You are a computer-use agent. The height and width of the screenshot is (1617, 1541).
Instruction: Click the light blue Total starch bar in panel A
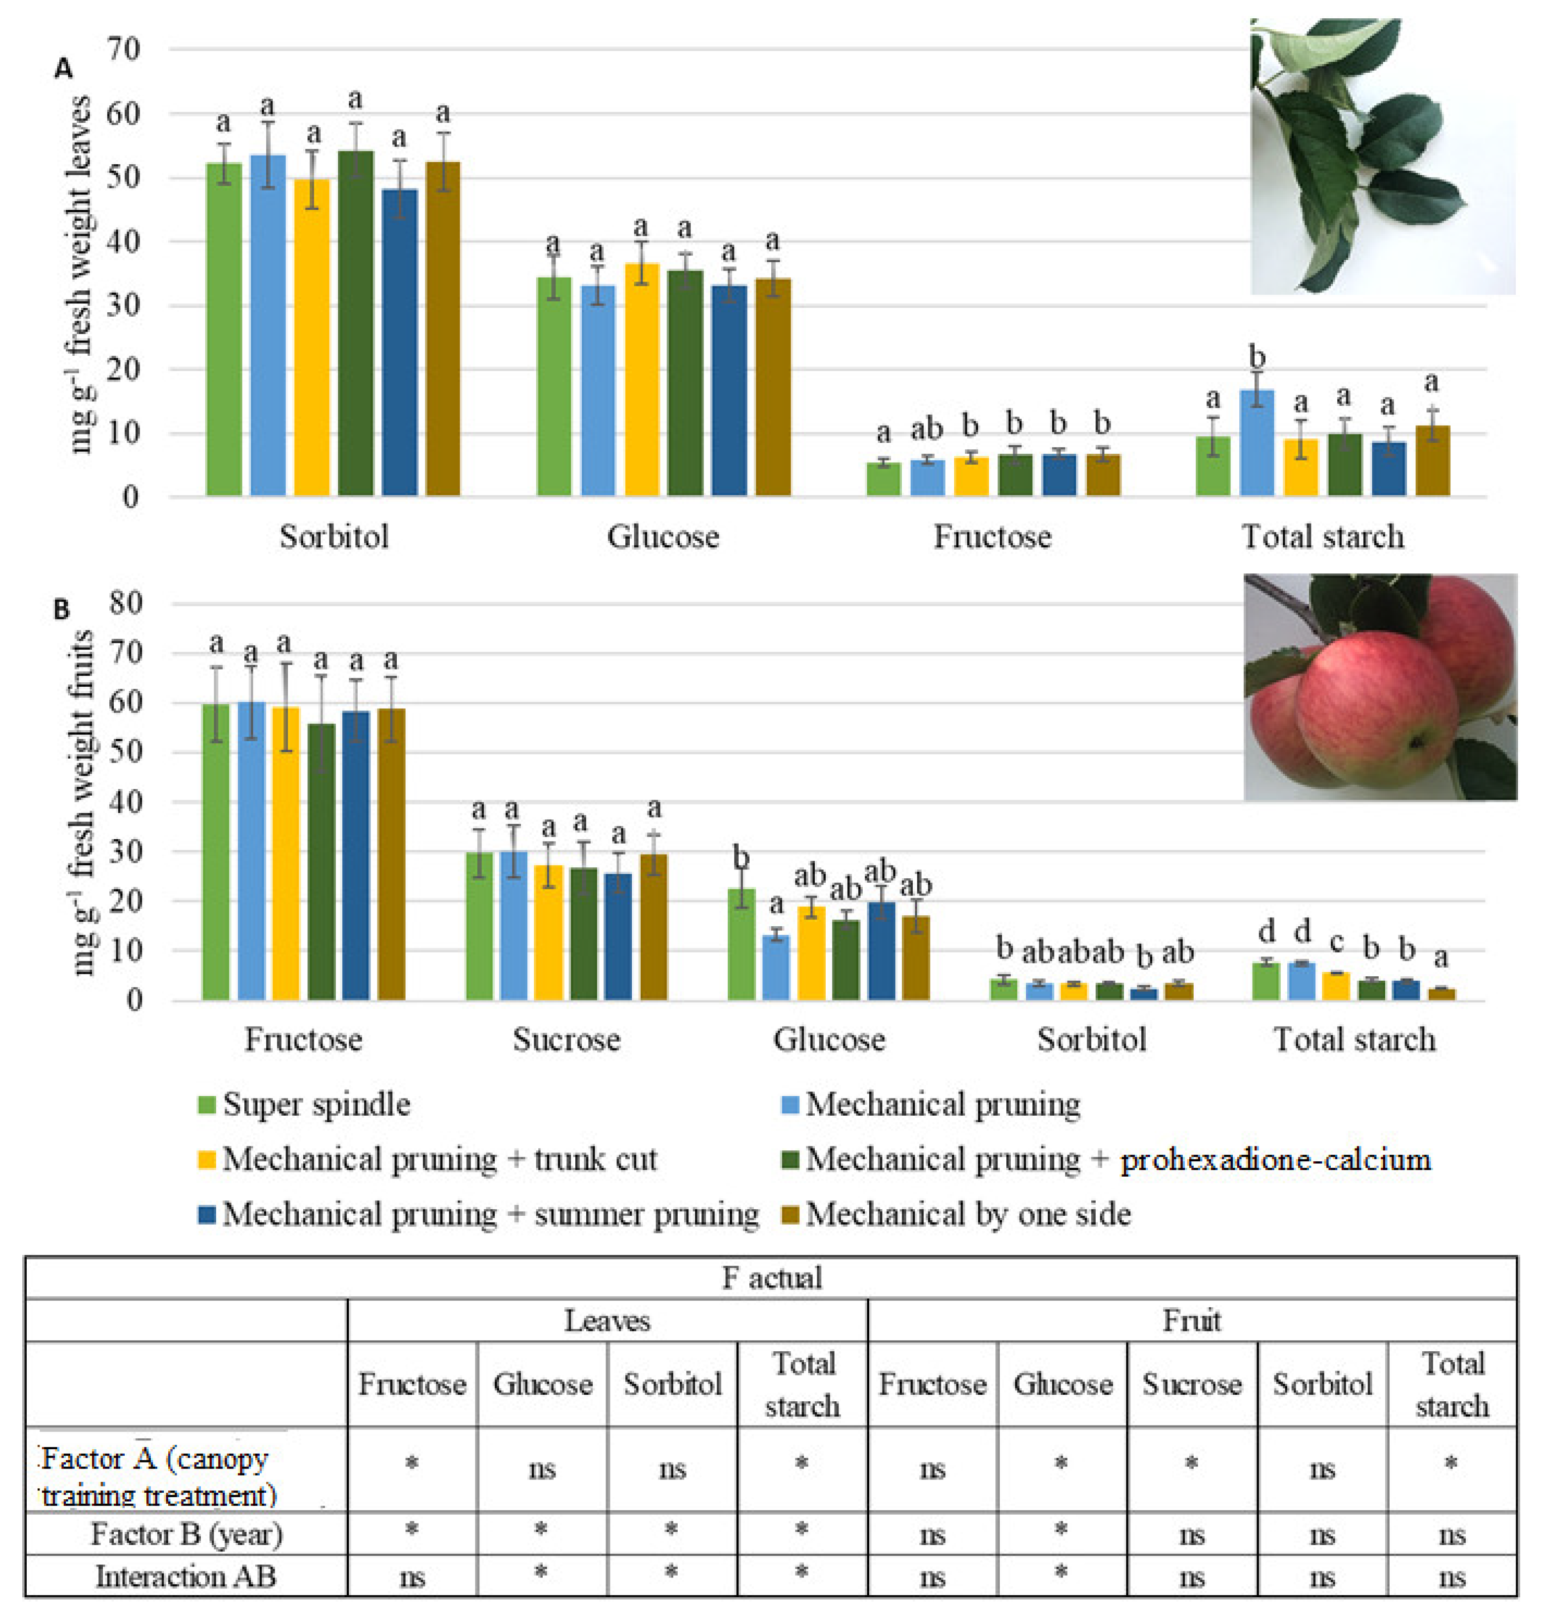tap(1256, 444)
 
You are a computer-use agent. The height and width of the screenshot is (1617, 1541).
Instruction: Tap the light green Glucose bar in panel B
tap(741, 945)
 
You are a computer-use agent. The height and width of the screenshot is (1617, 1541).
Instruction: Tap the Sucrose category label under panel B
tap(566, 1040)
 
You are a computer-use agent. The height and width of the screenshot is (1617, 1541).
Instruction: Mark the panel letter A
tap(63, 69)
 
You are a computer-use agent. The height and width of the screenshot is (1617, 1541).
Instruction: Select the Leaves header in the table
tap(607, 1321)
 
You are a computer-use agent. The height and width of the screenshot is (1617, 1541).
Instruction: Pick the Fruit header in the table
tap(1191, 1321)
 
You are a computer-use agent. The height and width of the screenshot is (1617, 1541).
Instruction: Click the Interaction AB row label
tap(186, 1577)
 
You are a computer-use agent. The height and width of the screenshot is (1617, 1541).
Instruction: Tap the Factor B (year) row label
tap(186, 1534)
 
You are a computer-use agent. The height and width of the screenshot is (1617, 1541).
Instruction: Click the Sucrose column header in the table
tap(1191, 1384)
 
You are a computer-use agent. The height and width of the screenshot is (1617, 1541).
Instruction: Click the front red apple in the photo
tap(1372, 707)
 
